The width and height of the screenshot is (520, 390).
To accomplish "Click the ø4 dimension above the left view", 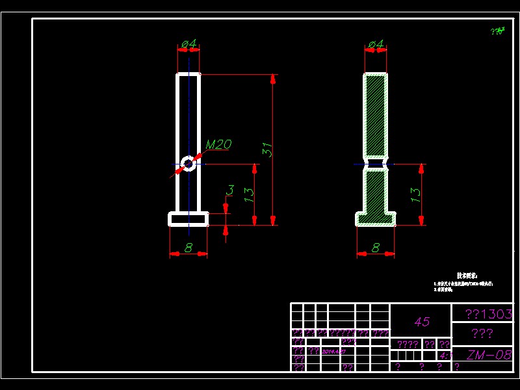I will tap(188, 44).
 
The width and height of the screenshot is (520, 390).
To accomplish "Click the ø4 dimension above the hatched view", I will tap(376, 44).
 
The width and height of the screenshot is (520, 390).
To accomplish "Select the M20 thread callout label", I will tap(218, 144).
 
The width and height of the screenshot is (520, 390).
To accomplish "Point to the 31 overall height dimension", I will tap(266, 149).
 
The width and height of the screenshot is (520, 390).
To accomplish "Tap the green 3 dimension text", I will tap(229, 190).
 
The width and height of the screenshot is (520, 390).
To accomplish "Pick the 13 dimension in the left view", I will tap(248, 194).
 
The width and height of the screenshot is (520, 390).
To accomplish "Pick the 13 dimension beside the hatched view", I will tap(415, 193).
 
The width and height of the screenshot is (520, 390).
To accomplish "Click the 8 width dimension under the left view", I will tap(188, 248).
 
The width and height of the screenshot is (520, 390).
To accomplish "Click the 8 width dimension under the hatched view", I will tap(376, 248).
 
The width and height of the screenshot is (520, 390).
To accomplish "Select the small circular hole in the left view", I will tap(188, 163).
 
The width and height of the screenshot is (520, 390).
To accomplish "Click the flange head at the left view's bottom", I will tap(188, 219).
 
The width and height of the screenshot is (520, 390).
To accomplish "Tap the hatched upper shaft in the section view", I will tap(376, 114).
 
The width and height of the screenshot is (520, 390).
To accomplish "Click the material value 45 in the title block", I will tap(422, 322).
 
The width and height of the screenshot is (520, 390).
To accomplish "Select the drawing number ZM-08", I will tap(489, 355).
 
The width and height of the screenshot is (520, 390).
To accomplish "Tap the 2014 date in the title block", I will tap(333, 351).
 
